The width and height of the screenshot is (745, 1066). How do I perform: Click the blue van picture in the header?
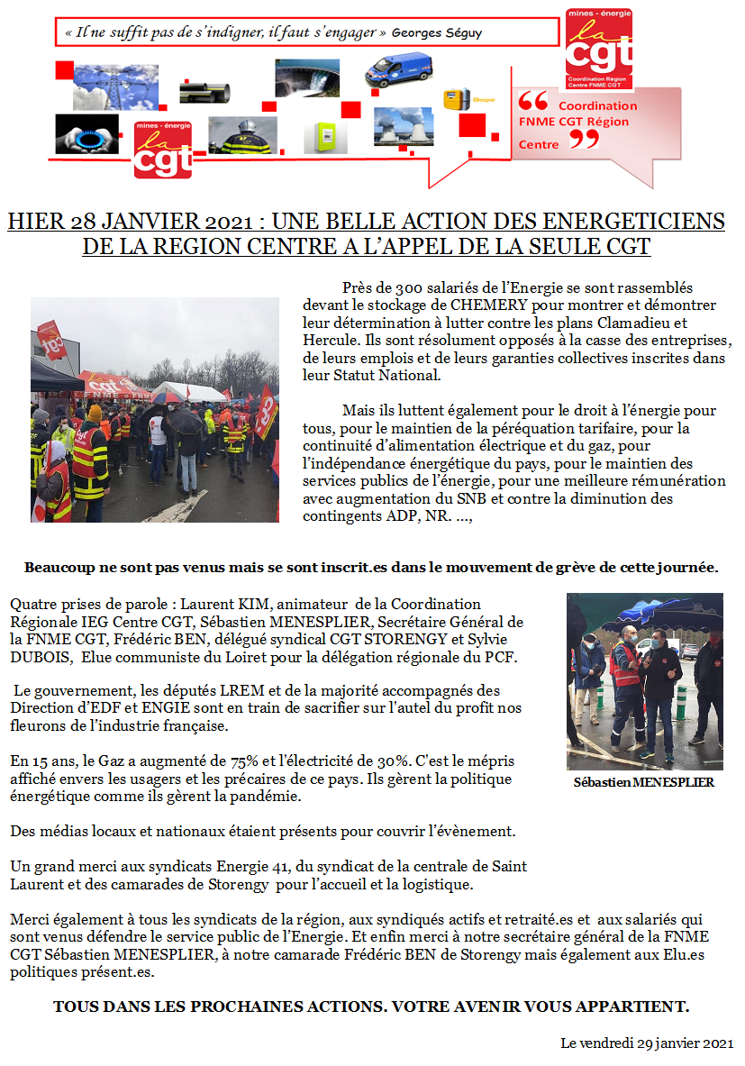coord(398,70)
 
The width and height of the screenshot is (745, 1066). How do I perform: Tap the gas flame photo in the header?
coord(86,133)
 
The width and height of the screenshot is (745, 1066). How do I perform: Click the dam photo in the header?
coord(307,77)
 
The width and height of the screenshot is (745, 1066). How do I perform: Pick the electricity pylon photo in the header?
coord(103,84)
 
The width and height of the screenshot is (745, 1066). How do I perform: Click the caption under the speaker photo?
coord(643,782)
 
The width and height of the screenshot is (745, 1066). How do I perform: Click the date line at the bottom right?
coord(646,1043)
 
